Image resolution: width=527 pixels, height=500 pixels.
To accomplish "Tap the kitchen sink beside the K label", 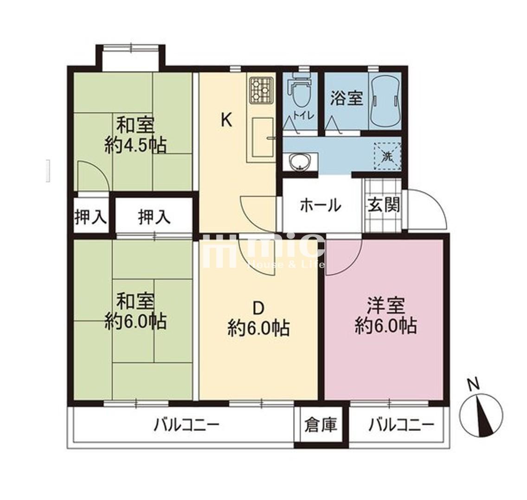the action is [x=263, y=137].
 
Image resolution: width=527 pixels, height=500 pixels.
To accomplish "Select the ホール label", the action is [x=320, y=206].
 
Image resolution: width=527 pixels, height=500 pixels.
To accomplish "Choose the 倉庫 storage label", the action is [x=321, y=425].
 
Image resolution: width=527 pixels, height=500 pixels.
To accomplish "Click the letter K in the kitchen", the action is [x=226, y=120].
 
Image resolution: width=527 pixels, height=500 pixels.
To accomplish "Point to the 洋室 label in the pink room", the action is [x=386, y=305].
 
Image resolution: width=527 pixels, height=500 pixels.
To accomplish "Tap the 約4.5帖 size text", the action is [x=135, y=146].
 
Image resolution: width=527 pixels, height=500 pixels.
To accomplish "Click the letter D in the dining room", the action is [x=258, y=308].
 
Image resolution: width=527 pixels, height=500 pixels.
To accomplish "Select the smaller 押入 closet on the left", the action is [x=90, y=217].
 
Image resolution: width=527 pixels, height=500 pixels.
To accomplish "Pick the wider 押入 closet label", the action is [x=154, y=217].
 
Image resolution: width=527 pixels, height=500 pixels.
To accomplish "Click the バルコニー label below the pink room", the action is [x=401, y=425].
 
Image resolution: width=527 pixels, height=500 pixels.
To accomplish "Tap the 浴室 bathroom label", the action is [x=347, y=98].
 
